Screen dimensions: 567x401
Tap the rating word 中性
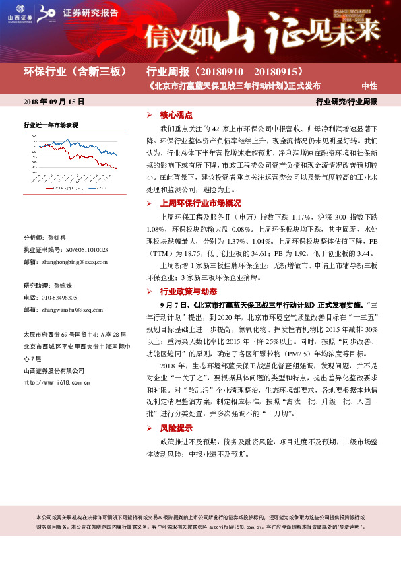pos(369,86)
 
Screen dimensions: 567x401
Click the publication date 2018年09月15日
pos(54,102)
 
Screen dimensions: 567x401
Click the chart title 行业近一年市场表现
pos(51,125)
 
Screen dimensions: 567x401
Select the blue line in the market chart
pos(101,149)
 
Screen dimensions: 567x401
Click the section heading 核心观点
pos(176,116)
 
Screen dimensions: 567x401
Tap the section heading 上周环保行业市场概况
pos(200,203)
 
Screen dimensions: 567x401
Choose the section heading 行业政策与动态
pos(188,292)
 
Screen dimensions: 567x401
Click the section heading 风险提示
pos(176,428)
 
